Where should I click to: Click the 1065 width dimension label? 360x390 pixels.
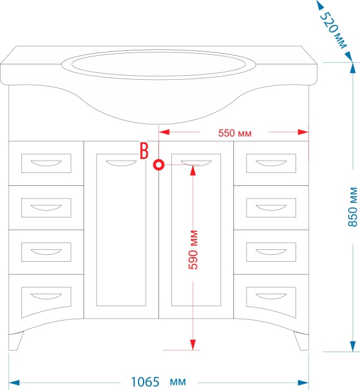click(x=145, y=382)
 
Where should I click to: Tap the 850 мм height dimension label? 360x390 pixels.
click(x=353, y=207)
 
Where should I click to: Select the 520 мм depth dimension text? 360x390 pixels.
click(x=333, y=30)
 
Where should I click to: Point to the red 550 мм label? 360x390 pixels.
click(x=235, y=133)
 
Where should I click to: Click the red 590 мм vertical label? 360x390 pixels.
click(x=193, y=250)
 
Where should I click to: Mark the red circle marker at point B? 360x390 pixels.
click(x=159, y=164)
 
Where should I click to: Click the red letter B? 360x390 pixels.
click(x=144, y=151)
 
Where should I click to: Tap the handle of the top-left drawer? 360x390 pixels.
click(x=46, y=163)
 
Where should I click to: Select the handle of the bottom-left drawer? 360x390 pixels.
click(x=46, y=297)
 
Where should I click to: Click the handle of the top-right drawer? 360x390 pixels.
click(x=271, y=163)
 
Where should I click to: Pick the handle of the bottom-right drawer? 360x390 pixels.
click(x=271, y=297)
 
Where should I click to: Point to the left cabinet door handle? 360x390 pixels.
click(x=121, y=163)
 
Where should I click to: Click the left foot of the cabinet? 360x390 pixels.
click(x=16, y=341)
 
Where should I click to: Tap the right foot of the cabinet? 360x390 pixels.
click(x=301, y=341)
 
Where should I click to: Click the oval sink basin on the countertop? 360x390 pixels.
click(x=159, y=64)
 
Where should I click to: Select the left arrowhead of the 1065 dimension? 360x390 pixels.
click(x=14, y=383)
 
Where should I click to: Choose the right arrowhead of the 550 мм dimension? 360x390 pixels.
click(x=303, y=132)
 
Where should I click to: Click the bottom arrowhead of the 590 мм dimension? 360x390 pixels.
click(x=193, y=345)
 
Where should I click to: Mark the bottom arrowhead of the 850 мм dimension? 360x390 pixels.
click(x=353, y=346)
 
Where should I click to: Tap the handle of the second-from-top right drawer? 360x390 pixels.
click(x=271, y=207)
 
